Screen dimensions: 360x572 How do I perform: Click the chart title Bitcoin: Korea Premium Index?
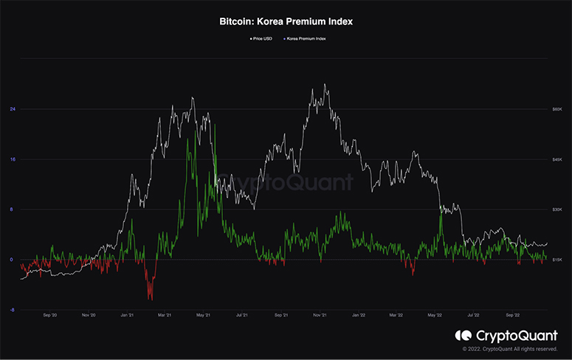[x=286, y=22]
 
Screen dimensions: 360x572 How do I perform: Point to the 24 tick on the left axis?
[x=13, y=109]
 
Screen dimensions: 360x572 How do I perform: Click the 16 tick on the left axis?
[x=13, y=159]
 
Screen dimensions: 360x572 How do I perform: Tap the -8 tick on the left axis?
[x=13, y=310]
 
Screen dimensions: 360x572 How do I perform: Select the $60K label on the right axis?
[x=559, y=109]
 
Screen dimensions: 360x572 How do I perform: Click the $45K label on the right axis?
[x=559, y=159]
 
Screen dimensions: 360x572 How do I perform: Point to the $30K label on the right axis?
[x=559, y=210]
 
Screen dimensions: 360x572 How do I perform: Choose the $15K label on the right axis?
[x=559, y=260]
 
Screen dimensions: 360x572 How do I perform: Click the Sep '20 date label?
[x=50, y=315]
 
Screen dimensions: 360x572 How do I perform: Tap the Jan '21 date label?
[x=126, y=315]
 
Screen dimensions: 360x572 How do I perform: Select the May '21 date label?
[x=202, y=315]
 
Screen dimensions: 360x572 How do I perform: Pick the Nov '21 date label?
[x=319, y=315]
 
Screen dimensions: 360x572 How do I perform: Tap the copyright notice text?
[x=509, y=349]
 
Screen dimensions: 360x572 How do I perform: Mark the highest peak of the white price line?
[x=325, y=85]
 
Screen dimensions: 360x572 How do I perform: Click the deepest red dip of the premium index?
[x=151, y=298]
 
